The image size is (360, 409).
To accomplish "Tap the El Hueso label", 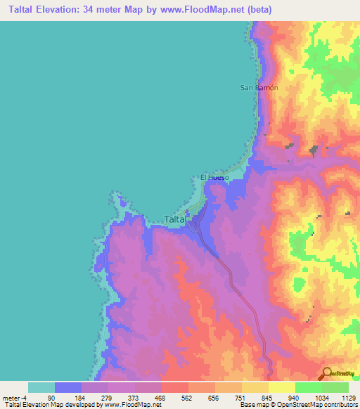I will [x=215, y=178].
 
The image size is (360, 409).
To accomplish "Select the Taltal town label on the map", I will [x=175, y=219].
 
